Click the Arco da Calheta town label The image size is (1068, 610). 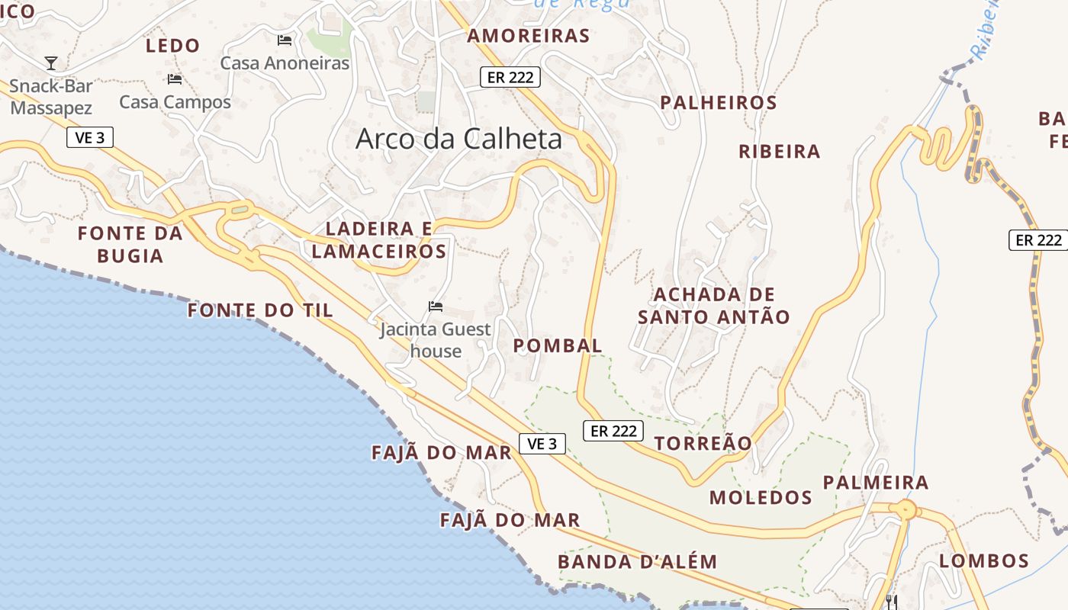[458, 138]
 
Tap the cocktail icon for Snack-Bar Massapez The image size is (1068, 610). [51, 63]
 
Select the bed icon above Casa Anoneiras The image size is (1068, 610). [285, 40]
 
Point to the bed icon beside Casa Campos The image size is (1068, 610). [175, 79]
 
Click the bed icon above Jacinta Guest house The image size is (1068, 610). [436, 307]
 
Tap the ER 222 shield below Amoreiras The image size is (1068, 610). [510, 77]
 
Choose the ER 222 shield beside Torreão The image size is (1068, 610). [613, 431]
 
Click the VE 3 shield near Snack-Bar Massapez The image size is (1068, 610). [90, 137]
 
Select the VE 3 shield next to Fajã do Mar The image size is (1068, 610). [542, 443]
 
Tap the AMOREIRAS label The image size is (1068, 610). [529, 36]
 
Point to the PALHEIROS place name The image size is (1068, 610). [719, 102]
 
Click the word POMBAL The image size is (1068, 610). [558, 345]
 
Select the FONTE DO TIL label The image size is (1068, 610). [260, 310]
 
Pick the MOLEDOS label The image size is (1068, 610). [761, 498]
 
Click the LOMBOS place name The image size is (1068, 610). [984, 561]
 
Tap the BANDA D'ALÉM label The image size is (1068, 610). [638, 562]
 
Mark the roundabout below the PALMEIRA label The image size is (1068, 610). [906, 509]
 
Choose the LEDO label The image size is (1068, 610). [173, 46]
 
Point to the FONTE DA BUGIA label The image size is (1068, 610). [130, 244]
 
